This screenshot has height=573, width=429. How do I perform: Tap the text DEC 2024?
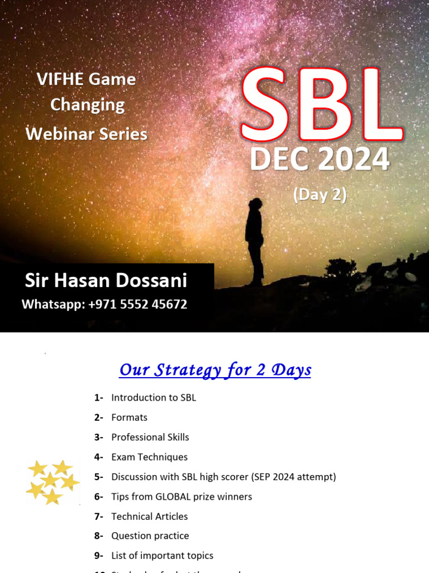(319, 159)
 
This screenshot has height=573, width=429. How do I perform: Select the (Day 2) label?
(320, 194)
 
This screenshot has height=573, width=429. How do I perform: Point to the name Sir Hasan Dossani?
(106, 281)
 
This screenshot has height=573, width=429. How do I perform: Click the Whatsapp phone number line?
(104, 304)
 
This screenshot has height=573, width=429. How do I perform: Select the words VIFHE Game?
(87, 79)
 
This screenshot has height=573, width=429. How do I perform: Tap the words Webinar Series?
(87, 134)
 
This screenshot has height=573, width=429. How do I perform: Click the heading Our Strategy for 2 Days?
(215, 370)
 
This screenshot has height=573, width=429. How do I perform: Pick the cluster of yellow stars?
(52, 481)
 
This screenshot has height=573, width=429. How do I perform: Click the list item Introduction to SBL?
(154, 398)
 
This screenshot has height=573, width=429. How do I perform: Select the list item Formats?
(129, 417)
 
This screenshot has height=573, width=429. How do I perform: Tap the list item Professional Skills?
(150, 437)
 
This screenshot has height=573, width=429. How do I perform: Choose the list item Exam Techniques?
(149, 457)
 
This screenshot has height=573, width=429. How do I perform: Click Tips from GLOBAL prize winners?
(182, 496)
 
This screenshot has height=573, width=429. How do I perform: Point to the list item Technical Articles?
(149, 516)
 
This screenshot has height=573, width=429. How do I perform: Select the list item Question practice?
(150, 536)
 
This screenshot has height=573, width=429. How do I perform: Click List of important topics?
(162, 556)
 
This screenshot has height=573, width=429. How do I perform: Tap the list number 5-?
(99, 477)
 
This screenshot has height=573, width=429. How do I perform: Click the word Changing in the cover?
(88, 105)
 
